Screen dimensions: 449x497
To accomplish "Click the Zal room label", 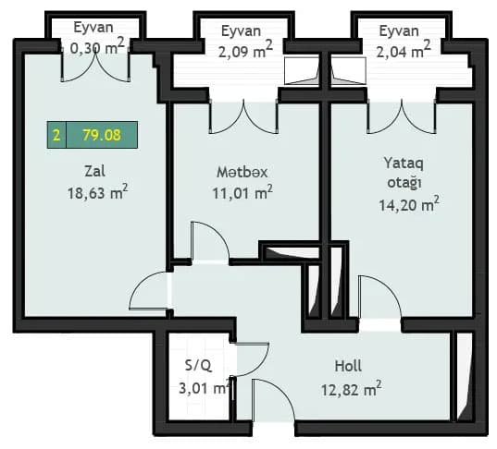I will click(x=90, y=171).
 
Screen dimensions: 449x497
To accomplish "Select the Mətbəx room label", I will click(x=242, y=171).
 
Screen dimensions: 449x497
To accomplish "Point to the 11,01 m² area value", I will click(x=242, y=193).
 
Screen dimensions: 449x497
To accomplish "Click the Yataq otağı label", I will click(x=404, y=172).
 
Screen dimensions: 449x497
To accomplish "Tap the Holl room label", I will click(x=348, y=366).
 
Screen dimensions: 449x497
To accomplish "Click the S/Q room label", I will click(x=198, y=366).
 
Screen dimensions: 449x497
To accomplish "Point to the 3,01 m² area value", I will click(x=204, y=389).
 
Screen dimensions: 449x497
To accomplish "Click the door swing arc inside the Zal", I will click(x=148, y=293).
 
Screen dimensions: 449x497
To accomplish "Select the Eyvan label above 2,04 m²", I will click(x=399, y=30).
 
